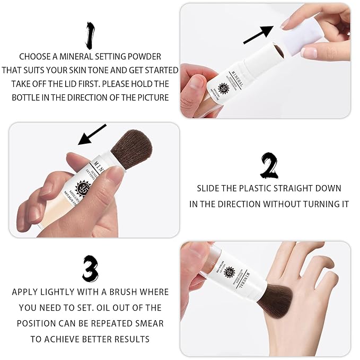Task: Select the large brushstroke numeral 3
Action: (90, 268)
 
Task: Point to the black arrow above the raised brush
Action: (92, 135)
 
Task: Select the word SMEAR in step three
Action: (150, 323)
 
